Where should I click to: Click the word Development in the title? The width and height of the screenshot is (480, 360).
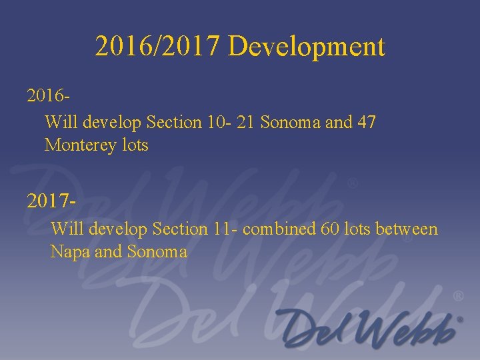pos(306,47)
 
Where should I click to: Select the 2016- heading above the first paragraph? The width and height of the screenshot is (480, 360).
pos(49,97)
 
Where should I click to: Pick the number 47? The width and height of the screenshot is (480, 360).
pos(367,123)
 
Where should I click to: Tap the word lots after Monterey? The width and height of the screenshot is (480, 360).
pos(135,145)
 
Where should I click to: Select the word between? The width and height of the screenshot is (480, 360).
pos(406,229)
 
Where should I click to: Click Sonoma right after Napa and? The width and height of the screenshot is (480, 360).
pos(157,252)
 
